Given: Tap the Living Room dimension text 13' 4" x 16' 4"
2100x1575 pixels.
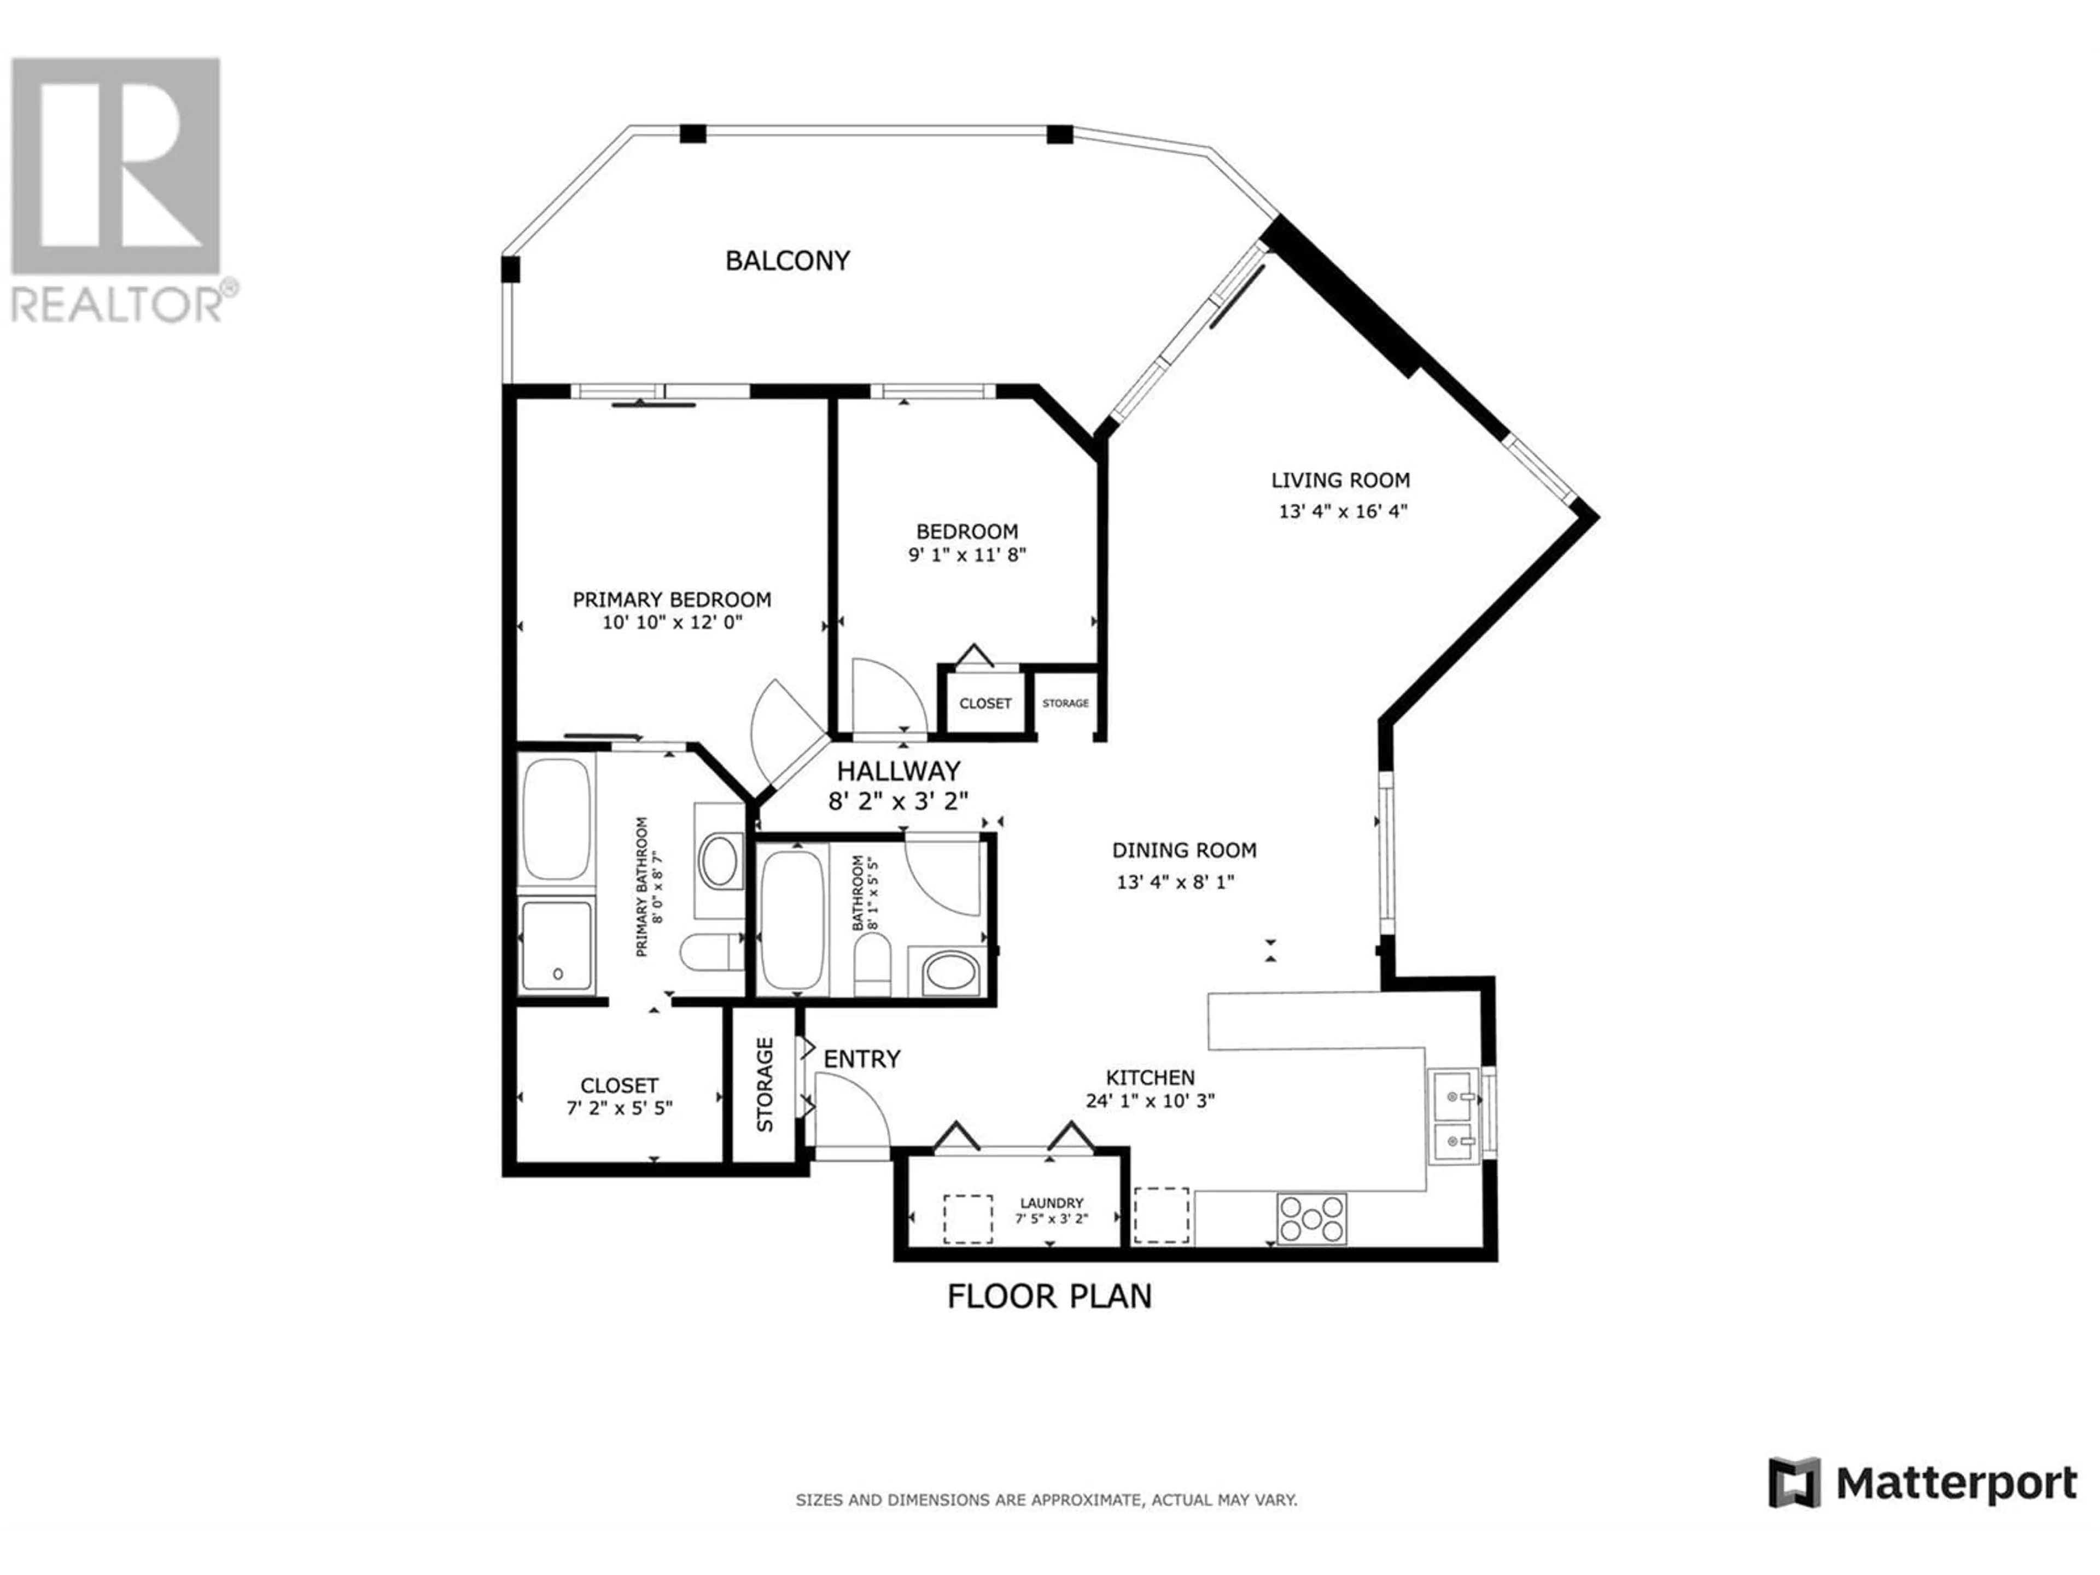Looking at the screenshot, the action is coord(1343,511).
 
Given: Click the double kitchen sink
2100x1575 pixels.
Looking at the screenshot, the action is coord(1454,1117).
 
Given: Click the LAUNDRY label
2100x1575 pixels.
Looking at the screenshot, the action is coord(1051,1203).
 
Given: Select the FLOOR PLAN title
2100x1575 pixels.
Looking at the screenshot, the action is coord(1049,1296).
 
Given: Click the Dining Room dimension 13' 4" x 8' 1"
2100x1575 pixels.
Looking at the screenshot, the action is coord(1175,882).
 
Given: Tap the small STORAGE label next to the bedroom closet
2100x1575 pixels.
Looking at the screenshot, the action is coord(1065,703).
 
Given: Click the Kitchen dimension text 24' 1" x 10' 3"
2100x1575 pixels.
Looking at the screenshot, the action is coord(1151,1101).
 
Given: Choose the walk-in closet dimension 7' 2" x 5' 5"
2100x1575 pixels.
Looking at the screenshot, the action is coord(619,1108).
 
